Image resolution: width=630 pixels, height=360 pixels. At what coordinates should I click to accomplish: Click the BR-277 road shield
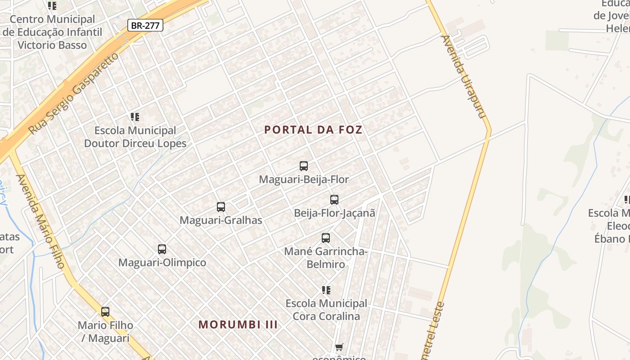click(145, 26)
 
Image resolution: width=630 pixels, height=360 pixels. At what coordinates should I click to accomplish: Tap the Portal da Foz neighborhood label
click(313, 130)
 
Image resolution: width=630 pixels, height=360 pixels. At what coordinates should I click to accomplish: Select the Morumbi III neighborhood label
click(238, 324)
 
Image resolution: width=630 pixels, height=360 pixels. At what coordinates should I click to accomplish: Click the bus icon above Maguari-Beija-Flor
click(304, 166)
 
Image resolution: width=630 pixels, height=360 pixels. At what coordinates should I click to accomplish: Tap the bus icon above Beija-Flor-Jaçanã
click(334, 200)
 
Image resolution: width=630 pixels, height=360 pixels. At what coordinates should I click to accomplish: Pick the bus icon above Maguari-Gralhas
click(221, 207)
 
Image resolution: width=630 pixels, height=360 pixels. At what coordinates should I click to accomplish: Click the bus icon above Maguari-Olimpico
click(162, 249)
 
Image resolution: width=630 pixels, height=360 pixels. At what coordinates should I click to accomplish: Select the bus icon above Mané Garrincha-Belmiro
click(326, 238)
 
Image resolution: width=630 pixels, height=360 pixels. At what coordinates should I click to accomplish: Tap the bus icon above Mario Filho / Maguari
click(105, 311)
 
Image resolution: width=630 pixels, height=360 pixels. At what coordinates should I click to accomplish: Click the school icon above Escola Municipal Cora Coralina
click(326, 290)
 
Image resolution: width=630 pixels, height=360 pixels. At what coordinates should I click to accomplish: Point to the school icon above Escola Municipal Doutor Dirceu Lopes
click(135, 117)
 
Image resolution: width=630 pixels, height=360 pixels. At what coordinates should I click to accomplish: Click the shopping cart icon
click(339, 347)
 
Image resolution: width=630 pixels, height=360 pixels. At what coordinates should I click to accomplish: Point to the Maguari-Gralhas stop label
click(220, 220)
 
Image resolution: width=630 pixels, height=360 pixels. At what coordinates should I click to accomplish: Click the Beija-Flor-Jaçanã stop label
click(334, 213)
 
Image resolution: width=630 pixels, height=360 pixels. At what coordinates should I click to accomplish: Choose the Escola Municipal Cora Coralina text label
click(326, 310)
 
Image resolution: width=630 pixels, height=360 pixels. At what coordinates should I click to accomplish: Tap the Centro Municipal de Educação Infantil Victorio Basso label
click(52, 32)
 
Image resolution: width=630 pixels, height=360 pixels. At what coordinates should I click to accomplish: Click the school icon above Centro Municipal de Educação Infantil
click(52, 6)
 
